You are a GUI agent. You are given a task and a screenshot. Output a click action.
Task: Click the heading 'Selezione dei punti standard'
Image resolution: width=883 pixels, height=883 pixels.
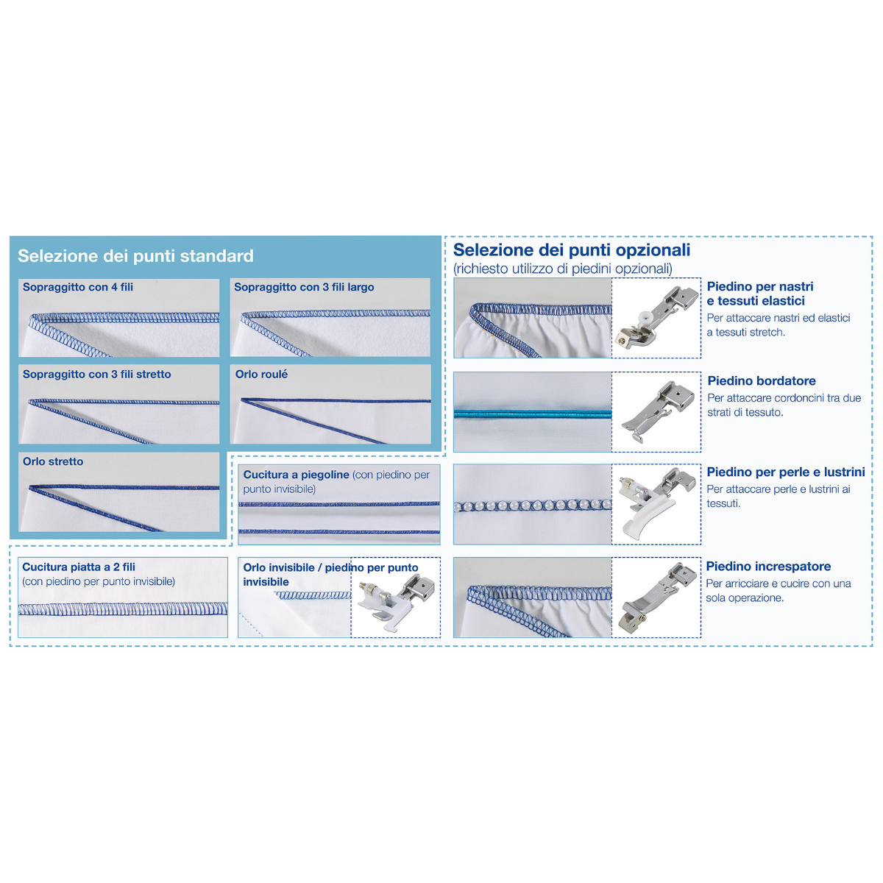(135, 255)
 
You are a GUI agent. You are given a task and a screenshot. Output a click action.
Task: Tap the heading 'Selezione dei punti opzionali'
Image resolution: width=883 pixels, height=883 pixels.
(572, 250)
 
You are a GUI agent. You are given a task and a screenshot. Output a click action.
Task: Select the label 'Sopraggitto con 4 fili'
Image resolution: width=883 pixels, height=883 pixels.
(78, 287)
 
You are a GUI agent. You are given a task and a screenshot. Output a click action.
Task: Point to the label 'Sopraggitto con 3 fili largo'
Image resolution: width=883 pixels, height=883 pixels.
(304, 287)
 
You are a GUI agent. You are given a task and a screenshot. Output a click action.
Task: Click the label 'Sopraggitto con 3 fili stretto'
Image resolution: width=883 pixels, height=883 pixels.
(96, 375)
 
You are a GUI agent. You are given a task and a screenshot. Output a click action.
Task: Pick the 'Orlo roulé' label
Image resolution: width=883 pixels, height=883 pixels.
(261, 375)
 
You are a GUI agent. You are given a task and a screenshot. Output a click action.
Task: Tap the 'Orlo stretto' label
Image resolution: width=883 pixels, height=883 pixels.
(53, 461)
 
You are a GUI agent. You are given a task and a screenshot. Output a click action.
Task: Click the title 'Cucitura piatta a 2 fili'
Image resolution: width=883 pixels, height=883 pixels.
(79, 567)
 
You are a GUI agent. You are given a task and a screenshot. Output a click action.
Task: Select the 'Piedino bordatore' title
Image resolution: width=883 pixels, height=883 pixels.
(762, 380)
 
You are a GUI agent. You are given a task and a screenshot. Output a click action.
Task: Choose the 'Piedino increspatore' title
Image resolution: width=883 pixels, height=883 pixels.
(768, 567)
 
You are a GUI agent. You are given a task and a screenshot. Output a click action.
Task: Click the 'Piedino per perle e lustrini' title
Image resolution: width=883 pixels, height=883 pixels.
(785, 472)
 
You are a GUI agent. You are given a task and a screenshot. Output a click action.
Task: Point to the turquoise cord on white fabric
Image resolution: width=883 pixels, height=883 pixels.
(533, 414)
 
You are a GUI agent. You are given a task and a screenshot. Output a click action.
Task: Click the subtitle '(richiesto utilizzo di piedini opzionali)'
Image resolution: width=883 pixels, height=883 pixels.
(563, 269)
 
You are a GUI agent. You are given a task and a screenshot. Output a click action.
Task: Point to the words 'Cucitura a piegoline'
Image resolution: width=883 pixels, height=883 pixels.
(296, 475)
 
